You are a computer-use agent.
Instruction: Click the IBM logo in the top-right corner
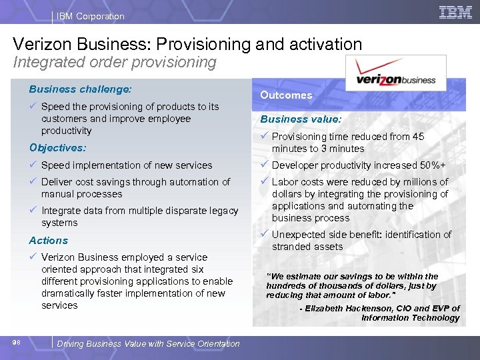click(x=455, y=12)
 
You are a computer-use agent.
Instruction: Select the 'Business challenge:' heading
click(x=80, y=89)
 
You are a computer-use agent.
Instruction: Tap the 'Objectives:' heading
click(x=58, y=148)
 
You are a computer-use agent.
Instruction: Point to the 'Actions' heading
click(x=48, y=240)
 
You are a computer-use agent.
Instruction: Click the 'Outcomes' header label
click(x=286, y=95)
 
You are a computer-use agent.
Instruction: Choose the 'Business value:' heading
click(x=301, y=119)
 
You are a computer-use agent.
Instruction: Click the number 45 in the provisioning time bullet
click(x=418, y=137)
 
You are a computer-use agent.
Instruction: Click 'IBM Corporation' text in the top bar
click(x=91, y=16)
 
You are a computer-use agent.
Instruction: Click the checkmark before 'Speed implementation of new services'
click(x=33, y=165)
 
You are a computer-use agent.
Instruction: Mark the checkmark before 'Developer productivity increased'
click(x=265, y=165)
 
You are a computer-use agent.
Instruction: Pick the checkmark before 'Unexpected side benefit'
click(x=265, y=234)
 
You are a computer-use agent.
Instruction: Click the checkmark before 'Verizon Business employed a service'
click(x=33, y=257)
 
